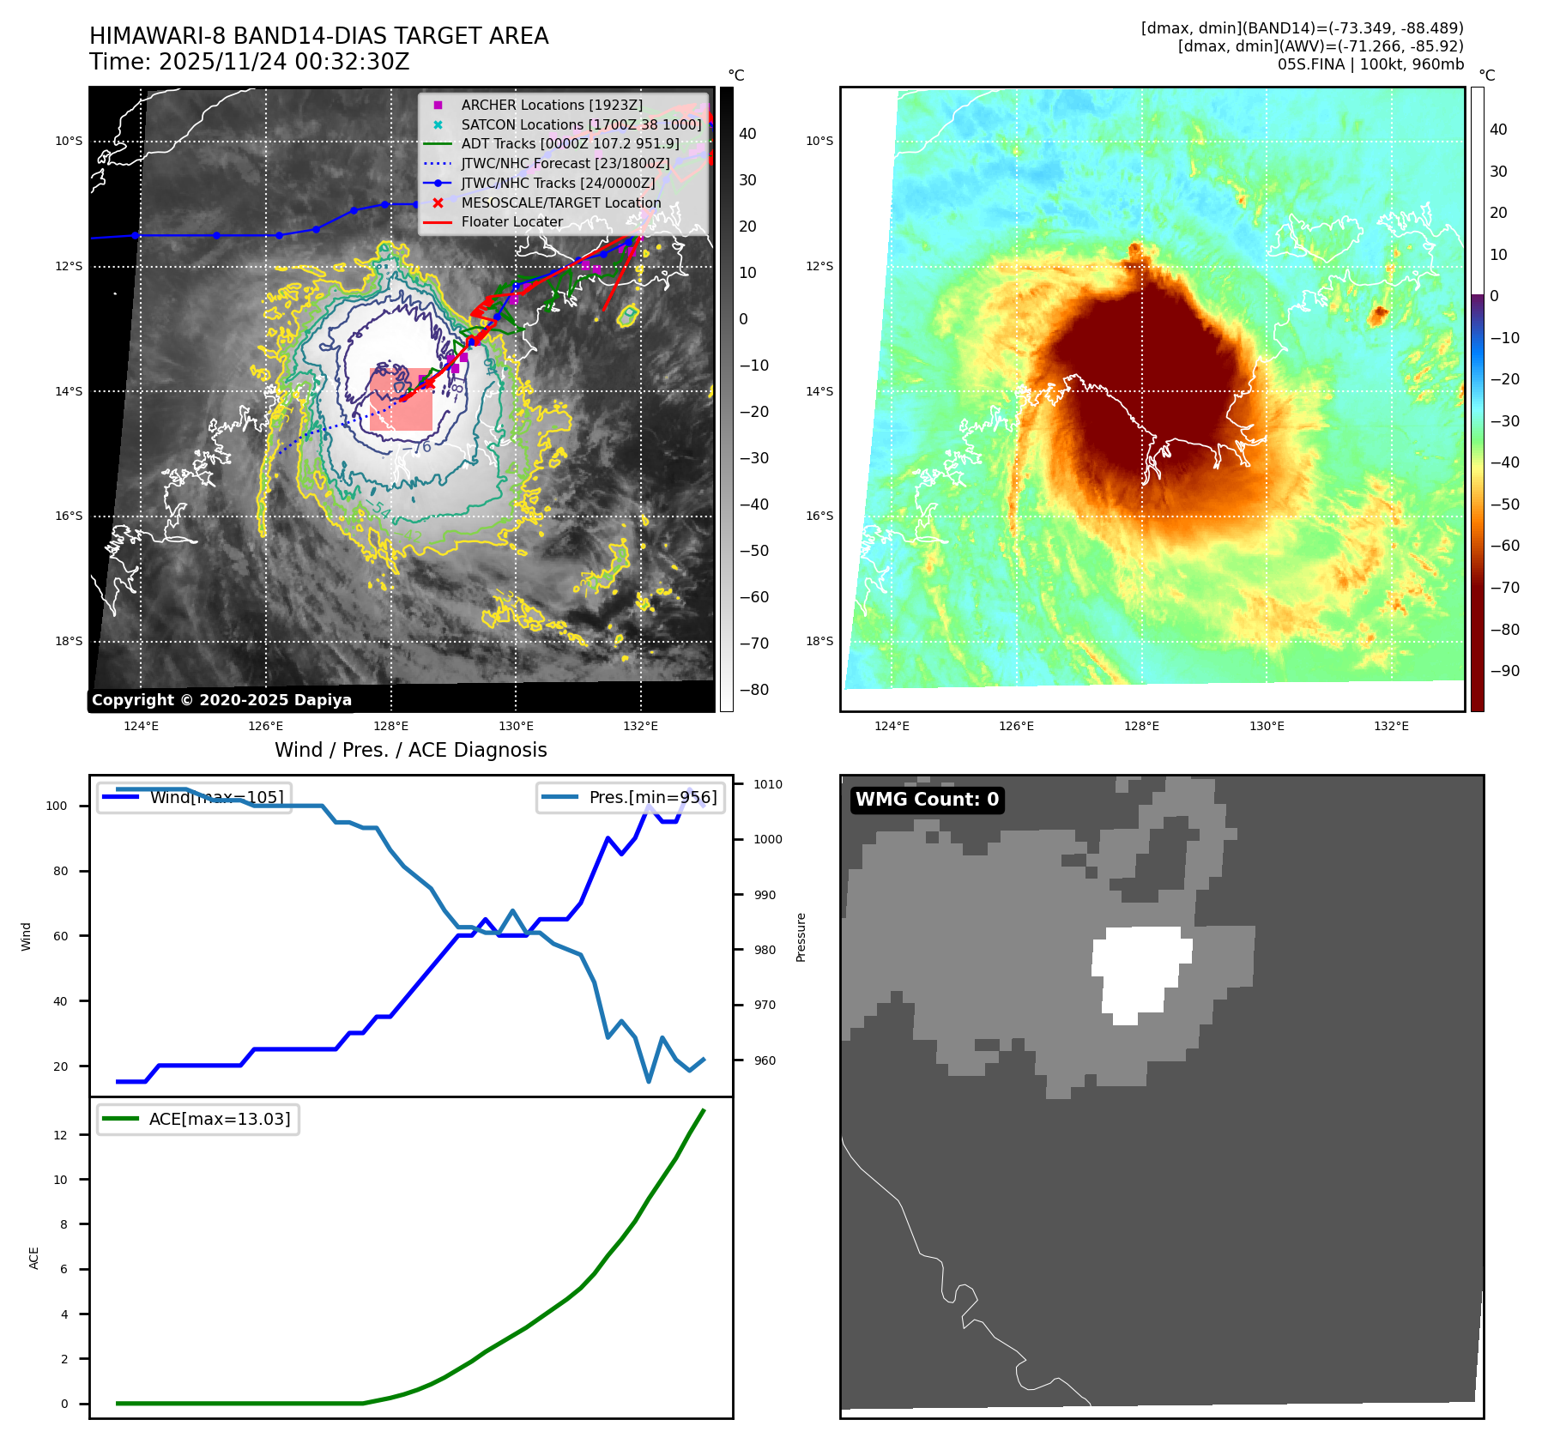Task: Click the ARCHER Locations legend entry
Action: click(x=551, y=105)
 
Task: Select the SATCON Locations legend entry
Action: click(x=581, y=124)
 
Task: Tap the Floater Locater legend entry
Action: click(x=511, y=221)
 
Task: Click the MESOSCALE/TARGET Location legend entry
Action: click(x=560, y=202)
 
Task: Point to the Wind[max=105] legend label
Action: click(x=216, y=797)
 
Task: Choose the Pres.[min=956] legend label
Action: click(x=652, y=797)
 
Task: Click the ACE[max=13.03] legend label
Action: click(x=220, y=1119)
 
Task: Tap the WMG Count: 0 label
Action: click(x=927, y=800)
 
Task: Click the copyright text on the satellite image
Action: click(x=221, y=700)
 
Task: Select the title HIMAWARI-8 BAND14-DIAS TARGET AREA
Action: click(x=318, y=36)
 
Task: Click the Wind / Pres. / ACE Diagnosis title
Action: click(x=410, y=750)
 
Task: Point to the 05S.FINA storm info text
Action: click(x=1370, y=64)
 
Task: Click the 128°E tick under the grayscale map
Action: click(x=391, y=726)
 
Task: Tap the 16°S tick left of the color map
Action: click(x=819, y=516)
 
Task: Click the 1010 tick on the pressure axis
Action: click(x=768, y=784)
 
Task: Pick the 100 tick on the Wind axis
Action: click(x=57, y=806)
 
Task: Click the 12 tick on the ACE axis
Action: click(x=60, y=1135)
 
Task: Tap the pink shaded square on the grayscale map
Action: click(x=401, y=399)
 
